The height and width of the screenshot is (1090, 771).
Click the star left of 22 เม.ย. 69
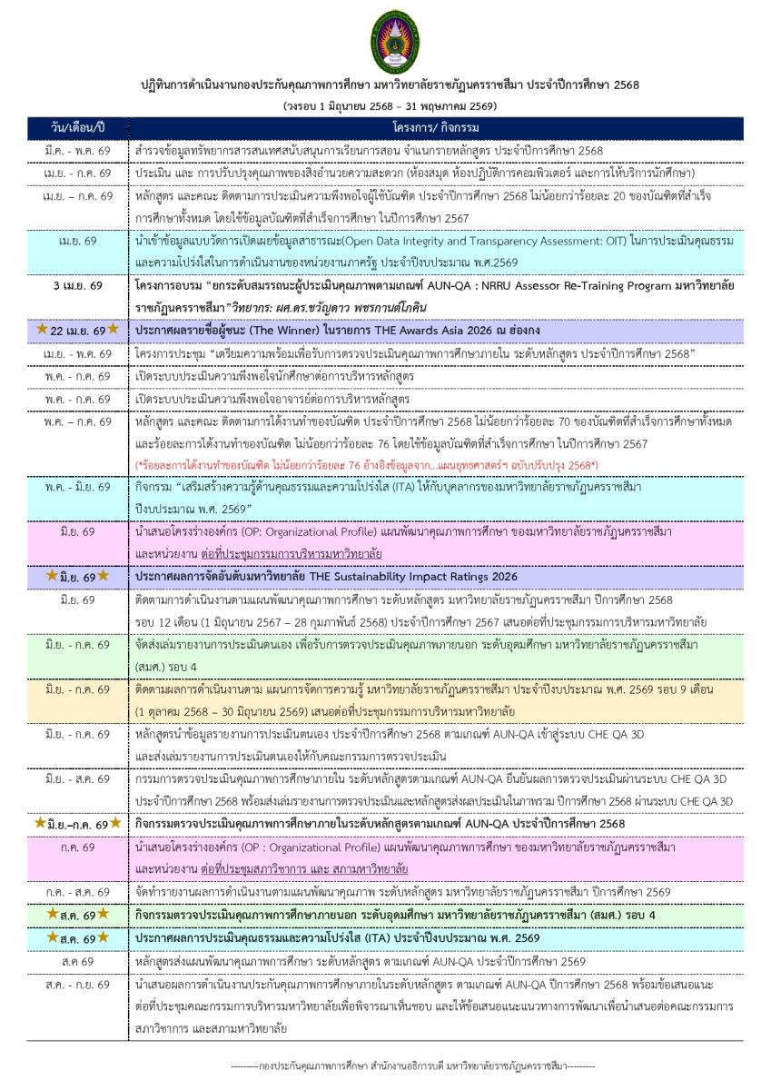(42, 329)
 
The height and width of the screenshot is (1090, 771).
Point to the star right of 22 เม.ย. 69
(113, 329)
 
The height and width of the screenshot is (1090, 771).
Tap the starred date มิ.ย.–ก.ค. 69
(77, 823)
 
